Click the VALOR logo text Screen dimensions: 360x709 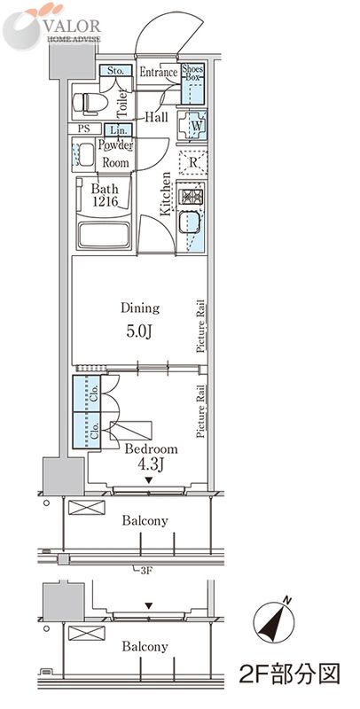tap(74, 25)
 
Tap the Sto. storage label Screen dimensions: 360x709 tap(115, 71)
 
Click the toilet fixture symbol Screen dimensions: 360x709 tap(90, 102)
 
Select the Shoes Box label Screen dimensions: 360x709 tap(192, 73)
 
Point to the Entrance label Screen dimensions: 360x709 tap(159, 72)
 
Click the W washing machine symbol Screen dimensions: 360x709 tap(192, 125)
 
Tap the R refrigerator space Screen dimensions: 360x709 tap(192, 162)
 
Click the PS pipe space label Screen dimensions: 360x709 tap(82, 129)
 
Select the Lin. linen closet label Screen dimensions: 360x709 tap(119, 130)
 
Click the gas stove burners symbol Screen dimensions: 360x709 tap(192, 197)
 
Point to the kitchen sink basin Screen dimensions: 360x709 tap(189, 222)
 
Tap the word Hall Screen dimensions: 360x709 tap(156, 118)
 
